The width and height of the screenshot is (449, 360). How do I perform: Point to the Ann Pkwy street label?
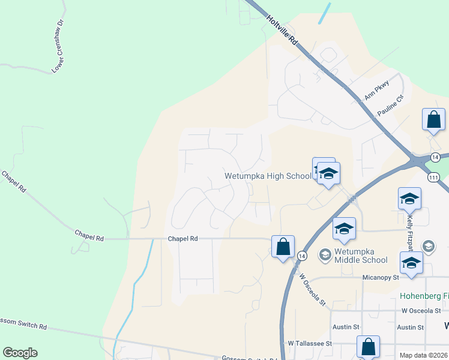pos(377,90)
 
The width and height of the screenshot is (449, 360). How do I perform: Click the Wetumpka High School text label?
pos(268,176)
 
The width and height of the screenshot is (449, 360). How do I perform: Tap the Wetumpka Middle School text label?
pos(361,255)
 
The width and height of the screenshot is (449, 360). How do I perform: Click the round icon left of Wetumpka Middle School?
pos(325,255)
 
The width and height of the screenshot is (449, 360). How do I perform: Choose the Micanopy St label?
pos(381,278)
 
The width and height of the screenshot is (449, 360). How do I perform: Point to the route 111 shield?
pos(433,178)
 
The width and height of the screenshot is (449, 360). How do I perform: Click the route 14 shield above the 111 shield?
pos(435,157)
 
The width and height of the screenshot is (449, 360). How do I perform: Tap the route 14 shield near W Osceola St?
pos(302,256)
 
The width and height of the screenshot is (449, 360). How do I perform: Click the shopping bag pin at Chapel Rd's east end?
pos(283,246)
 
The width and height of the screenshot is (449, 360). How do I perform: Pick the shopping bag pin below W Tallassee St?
pos(368,347)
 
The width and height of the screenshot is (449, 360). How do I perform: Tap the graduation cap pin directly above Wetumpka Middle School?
pos(344,229)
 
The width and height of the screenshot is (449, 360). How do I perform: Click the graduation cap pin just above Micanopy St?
pos(411,263)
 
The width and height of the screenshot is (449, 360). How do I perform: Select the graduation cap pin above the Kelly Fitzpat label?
pos(409,199)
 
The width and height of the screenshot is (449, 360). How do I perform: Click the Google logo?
pos(20,353)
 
